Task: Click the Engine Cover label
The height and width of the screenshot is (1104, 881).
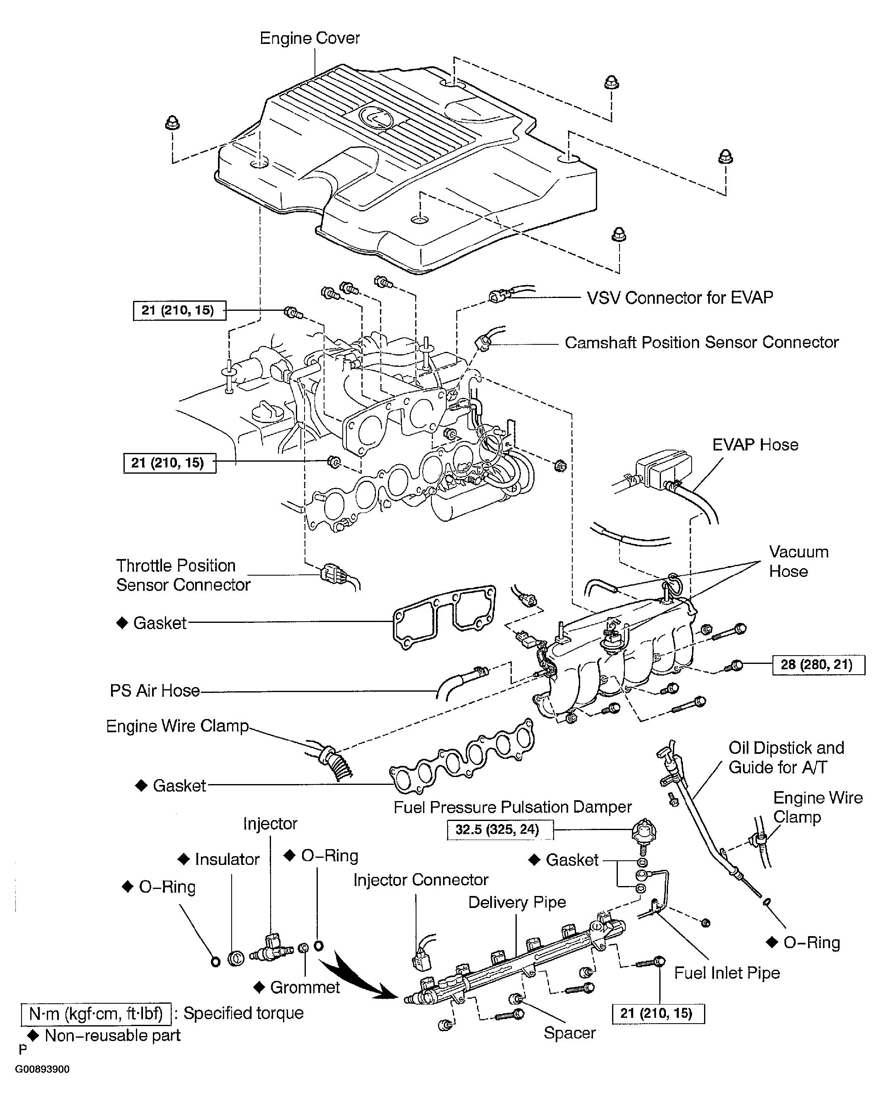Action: click(309, 39)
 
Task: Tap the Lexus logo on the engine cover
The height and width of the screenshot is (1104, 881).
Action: click(376, 119)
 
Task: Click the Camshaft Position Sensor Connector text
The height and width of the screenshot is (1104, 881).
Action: click(701, 342)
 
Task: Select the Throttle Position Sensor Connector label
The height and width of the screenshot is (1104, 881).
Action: click(183, 575)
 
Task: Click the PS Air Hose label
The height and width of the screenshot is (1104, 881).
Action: click(155, 691)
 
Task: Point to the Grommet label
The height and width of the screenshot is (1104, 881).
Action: click(305, 987)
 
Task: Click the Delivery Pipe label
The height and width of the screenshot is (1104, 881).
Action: click(517, 902)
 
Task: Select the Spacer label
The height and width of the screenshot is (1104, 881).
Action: click(569, 1033)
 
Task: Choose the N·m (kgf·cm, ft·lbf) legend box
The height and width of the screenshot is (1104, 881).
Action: click(96, 1013)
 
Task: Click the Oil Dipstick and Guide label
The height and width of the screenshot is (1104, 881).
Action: click(786, 757)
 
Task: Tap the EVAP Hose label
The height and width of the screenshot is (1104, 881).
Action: click(755, 445)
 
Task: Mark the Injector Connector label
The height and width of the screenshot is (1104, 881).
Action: click(420, 880)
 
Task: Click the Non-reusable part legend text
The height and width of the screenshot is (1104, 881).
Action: click(112, 1035)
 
